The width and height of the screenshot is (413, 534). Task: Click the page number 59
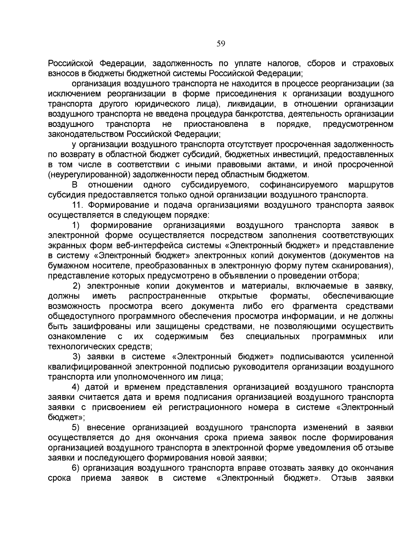coord(221,43)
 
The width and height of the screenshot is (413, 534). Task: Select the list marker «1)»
coord(76,225)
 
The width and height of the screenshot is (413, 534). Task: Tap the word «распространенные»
coord(168,296)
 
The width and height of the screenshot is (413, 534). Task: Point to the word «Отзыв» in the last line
coord(343,478)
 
